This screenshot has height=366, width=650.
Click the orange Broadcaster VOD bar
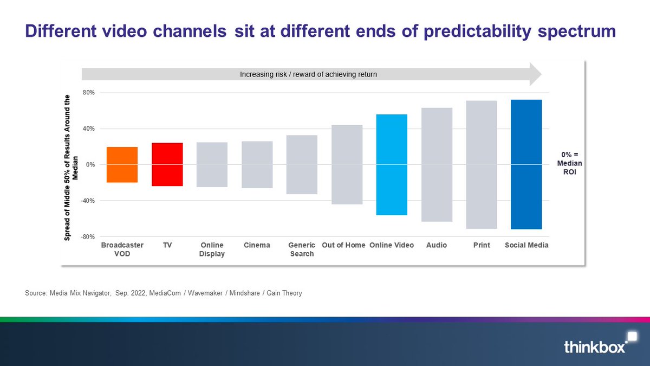pyautogui.click(x=122, y=164)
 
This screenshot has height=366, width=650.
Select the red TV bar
pyautogui.click(x=167, y=164)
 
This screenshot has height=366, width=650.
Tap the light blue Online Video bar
pyautogui.click(x=392, y=164)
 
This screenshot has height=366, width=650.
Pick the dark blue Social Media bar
pyautogui.click(x=526, y=164)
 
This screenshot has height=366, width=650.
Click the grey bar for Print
pyautogui.click(x=482, y=164)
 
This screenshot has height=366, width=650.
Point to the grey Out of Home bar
pyautogui.click(x=347, y=164)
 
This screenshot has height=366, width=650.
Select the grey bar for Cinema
pyautogui.click(x=257, y=164)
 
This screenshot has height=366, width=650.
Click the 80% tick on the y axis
pyautogui.click(x=88, y=93)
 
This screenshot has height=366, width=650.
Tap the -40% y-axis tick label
pyautogui.click(x=87, y=201)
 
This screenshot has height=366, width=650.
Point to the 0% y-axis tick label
pyautogui.click(x=89, y=165)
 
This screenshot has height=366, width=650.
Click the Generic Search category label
pyautogui.click(x=302, y=249)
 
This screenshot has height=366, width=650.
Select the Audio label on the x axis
pyautogui.click(x=437, y=245)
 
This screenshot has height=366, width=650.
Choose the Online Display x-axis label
pyautogui.click(x=212, y=249)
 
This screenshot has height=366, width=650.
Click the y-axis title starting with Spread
pyautogui.click(x=71, y=167)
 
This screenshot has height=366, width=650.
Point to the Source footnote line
pyautogui.click(x=163, y=293)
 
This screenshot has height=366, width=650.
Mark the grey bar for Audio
pyautogui.click(x=437, y=164)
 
